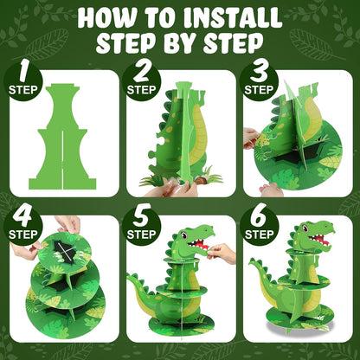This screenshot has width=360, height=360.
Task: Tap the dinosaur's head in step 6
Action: (312, 235)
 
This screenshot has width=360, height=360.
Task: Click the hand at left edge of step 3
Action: (252, 137)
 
